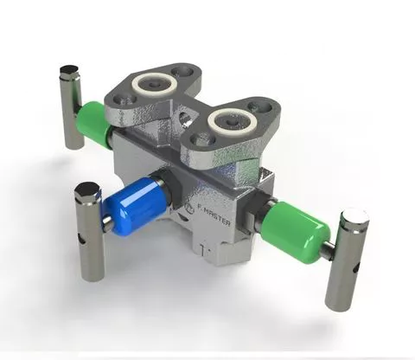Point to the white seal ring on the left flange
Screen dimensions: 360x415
157,84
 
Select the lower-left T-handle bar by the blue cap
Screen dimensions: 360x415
90,230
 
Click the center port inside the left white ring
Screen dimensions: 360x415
157,84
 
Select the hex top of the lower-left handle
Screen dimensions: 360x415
87,190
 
